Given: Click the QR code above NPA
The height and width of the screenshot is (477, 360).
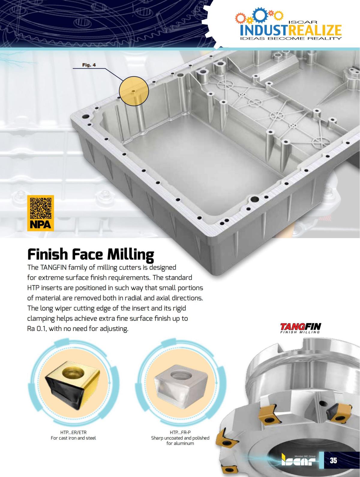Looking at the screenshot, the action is click(x=41, y=208).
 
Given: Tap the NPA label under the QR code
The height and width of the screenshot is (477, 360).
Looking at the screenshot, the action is click(x=40, y=225).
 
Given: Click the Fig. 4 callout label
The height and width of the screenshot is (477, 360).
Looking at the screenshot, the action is click(x=89, y=65).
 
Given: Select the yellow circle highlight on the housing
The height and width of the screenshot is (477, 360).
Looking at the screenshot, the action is click(x=134, y=91).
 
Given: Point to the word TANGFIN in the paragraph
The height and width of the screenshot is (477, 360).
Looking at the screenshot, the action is click(x=53, y=267).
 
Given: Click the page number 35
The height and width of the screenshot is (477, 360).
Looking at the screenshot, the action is click(x=334, y=460).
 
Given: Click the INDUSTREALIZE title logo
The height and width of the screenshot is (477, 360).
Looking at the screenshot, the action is click(x=291, y=30).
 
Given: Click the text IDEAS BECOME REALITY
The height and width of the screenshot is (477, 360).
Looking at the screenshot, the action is click(x=291, y=39).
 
